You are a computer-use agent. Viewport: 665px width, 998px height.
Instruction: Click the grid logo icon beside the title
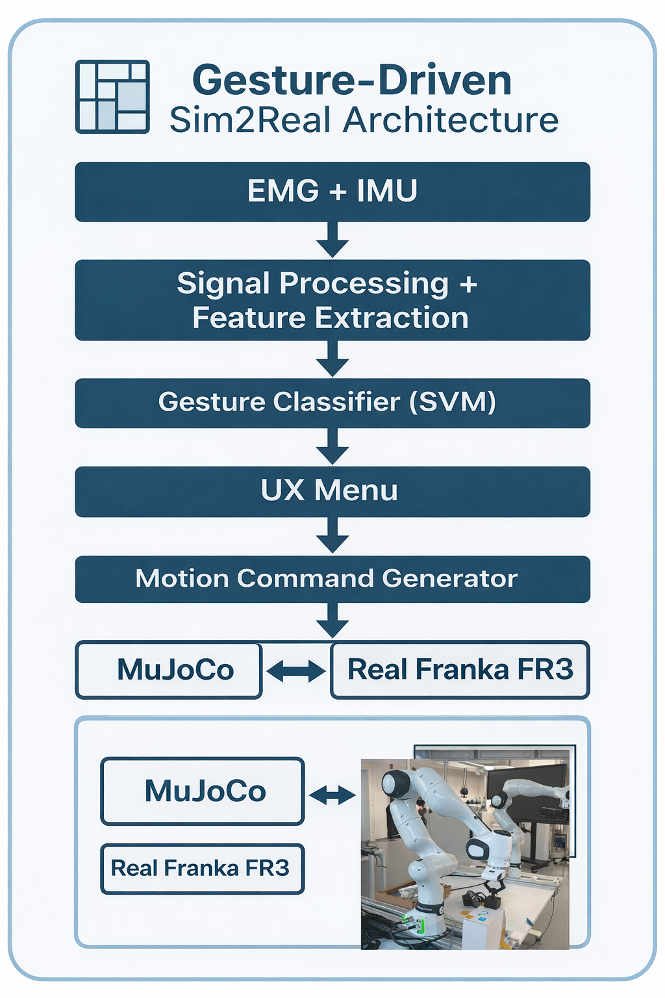(112, 97)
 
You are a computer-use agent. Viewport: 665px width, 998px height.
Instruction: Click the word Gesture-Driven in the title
(352, 80)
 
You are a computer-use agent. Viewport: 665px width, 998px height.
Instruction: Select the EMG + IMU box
(332, 192)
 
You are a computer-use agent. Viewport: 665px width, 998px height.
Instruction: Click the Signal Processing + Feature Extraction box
(332, 300)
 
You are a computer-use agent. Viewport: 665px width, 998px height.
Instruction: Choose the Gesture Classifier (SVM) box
(332, 402)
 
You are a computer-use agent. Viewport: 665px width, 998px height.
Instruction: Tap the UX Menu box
(332, 491)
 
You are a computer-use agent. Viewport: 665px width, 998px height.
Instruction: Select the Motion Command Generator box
(332, 579)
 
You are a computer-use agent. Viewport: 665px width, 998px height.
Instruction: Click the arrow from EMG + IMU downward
(332, 240)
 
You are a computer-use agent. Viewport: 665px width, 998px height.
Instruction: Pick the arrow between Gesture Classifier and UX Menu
(332, 447)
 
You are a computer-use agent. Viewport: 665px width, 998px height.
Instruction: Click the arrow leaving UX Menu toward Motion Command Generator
(332, 536)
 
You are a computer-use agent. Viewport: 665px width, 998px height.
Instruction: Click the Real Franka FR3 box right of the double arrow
(460, 670)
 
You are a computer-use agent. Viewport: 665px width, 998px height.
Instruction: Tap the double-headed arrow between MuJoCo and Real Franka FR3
(296, 671)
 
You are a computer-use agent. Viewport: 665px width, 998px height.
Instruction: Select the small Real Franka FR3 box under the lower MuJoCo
(201, 868)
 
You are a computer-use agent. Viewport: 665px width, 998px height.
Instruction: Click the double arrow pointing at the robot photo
(332, 795)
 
